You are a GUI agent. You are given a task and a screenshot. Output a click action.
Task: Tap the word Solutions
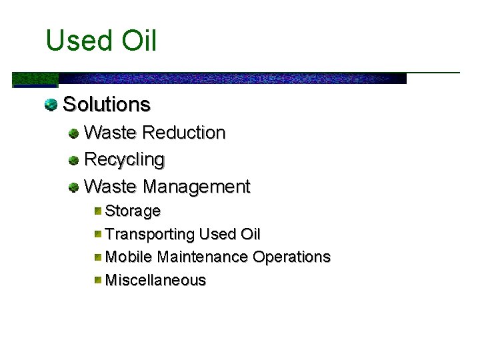(x=107, y=105)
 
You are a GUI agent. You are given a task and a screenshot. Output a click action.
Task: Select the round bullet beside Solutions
(x=51, y=104)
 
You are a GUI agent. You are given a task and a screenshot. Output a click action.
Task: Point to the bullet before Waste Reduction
(x=74, y=133)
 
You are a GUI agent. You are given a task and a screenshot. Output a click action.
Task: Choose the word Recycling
(x=125, y=160)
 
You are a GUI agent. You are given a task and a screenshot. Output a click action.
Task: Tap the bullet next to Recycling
(x=74, y=161)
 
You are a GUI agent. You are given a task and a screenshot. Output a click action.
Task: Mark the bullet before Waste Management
(x=74, y=187)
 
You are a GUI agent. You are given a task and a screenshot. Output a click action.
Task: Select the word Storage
(x=133, y=211)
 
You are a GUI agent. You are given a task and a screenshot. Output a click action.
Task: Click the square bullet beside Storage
(x=97, y=211)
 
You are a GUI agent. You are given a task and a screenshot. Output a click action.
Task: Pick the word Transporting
(x=150, y=235)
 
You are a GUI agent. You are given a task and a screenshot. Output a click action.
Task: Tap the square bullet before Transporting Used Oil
(x=97, y=234)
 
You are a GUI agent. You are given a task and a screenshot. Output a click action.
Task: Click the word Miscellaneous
(x=156, y=280)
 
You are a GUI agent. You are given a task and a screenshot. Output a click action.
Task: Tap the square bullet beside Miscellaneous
(x=97, y=280)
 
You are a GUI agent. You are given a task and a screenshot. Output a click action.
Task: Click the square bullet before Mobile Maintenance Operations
(x=97, y=257)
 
